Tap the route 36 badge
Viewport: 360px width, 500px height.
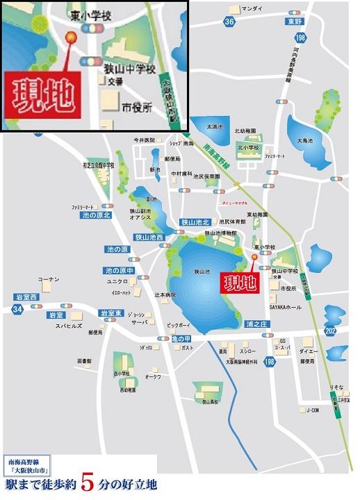pos(230,23)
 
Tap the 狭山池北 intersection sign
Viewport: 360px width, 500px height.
pos(195,222)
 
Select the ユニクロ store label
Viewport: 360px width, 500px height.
pos(117,282)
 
